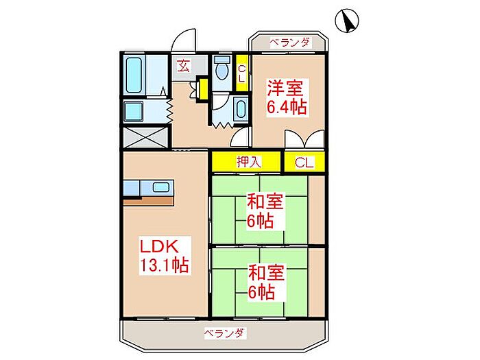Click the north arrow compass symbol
348,22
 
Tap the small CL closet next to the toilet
241,73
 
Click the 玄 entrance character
184,66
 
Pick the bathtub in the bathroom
134,76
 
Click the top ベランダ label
289,43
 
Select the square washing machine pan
134,112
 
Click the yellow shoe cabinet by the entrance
202,90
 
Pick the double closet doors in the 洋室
302,141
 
